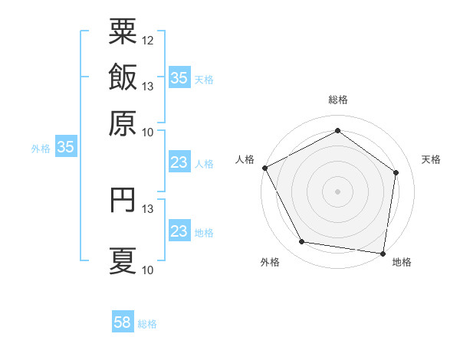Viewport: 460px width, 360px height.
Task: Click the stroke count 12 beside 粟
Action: [148, 39]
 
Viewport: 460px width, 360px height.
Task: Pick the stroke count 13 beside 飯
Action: [148, 87]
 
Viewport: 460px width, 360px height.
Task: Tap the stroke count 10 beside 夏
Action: [148, 270]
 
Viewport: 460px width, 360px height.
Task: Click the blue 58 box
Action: [123, 323]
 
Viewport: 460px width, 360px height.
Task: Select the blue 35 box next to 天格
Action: [179, 78]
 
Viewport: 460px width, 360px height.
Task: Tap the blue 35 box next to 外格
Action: [65, 148]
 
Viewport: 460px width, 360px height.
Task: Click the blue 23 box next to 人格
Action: [179, 162]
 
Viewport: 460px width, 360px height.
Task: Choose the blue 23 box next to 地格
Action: [179, 232]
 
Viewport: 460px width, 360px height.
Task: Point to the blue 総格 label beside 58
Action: [147, 324]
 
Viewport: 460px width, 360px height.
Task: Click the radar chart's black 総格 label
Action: [338, 100]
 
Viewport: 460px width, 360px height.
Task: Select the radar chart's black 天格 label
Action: [432, 159]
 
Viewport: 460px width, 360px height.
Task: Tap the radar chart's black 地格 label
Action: [402, 262]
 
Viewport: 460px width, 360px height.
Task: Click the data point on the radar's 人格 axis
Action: [264, 168]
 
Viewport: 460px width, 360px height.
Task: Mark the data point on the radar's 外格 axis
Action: [302, 242]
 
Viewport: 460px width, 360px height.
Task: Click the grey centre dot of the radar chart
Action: [338, 191]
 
